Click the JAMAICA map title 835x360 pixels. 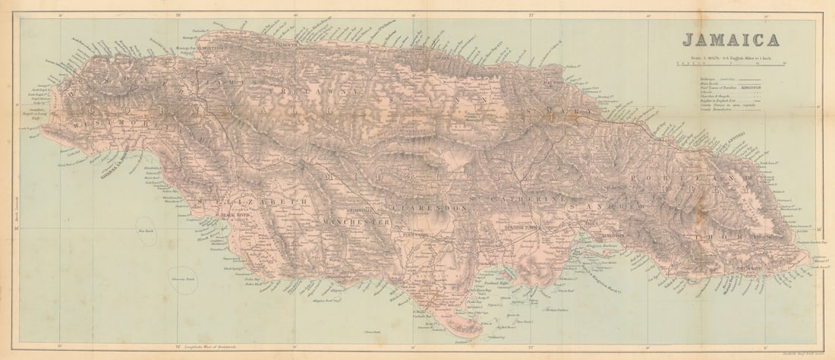730,40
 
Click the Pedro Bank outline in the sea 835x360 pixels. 183,280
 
